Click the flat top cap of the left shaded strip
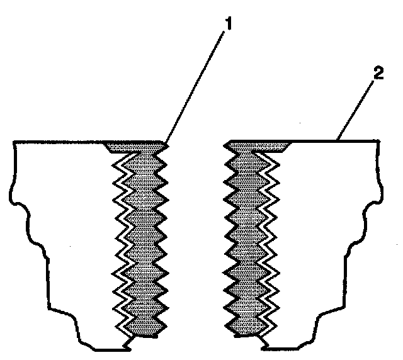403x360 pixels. click(135, 146)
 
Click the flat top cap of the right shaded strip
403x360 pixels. click(258, 146)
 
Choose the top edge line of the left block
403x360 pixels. click(57, 143)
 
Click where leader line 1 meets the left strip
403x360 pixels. click(164, 144)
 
